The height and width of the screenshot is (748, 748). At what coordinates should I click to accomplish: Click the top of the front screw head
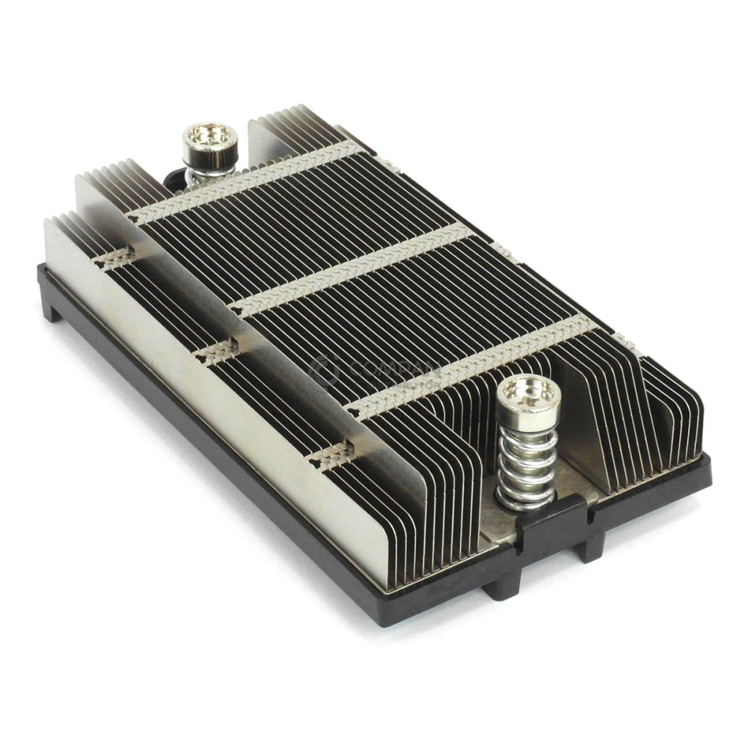click(529, 391)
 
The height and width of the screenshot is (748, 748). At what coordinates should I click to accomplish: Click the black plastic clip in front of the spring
click(551, 523)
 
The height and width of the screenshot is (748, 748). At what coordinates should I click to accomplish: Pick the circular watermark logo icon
click(325, 370)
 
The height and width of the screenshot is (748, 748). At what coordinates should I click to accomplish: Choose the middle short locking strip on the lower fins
click(218, 351)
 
